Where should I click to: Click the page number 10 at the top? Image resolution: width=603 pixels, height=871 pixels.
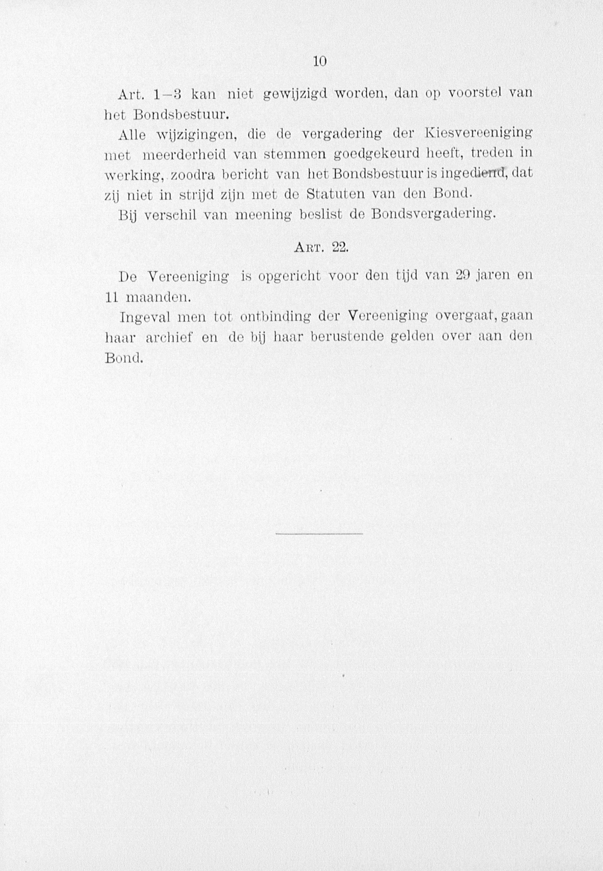(319, 62)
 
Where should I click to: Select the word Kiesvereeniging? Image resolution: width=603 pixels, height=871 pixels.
(479, 134)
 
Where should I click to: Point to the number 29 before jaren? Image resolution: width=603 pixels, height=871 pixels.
(464, 276)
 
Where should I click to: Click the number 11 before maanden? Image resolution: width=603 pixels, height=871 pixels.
(112, 297)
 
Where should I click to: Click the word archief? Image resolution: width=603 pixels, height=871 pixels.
(169, 338)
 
